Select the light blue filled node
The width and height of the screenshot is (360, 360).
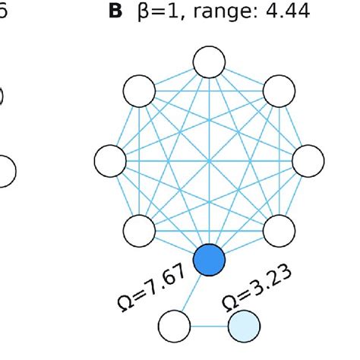[245, 328]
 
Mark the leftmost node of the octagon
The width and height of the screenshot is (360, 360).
[110, 160]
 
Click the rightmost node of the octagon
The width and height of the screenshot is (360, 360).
[309, 160]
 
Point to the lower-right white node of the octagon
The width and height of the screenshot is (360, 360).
[279, 230]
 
